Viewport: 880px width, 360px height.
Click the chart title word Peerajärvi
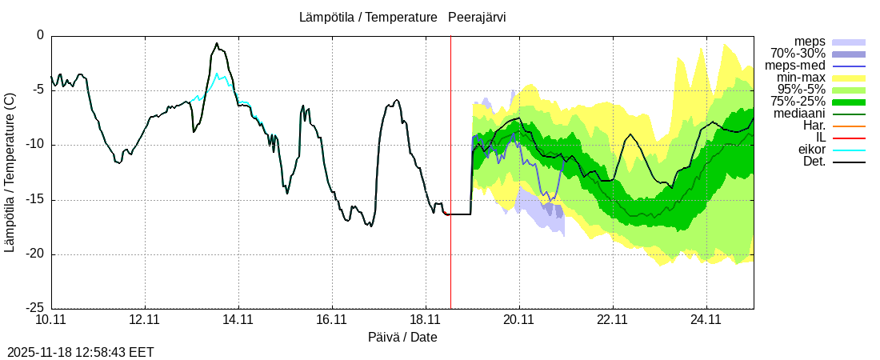pyautogui.click(x=477, y=17)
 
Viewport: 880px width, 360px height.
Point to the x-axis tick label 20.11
pyautogui.click(x=519, y=319)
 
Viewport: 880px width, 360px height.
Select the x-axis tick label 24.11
pyautogui.click(x=706, y=319)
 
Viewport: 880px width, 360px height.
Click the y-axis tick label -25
pyautogui.click(x=34, y=308)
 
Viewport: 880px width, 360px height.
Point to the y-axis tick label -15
pyautogui.click(x=34, y=199)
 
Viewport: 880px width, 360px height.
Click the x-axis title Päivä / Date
pyautogui.click(x=402, y=337)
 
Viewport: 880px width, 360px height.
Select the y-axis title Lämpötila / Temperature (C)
pyautogui.click(x=10, y=172)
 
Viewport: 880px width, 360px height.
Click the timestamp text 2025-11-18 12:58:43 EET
pyautogui.click(x=81, y=352)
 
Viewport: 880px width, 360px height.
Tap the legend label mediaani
pyautogui.click(x=800, y=114)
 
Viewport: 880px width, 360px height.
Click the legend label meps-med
pyautogui.click(x=795, y=66)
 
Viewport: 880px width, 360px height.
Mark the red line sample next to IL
pyautogui.click(x=849, y=138)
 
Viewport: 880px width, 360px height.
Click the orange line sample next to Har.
pyautogui.click(x=849, y=126)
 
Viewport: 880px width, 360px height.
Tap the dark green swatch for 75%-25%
pyautogui.click(x=849, y=102)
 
